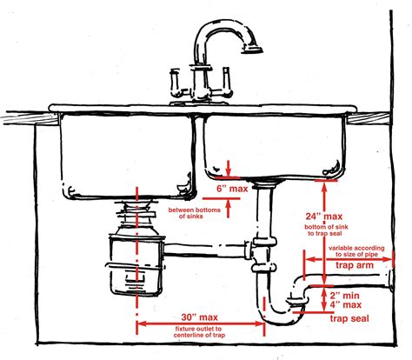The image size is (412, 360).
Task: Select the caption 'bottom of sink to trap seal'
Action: tap(327, 231)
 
